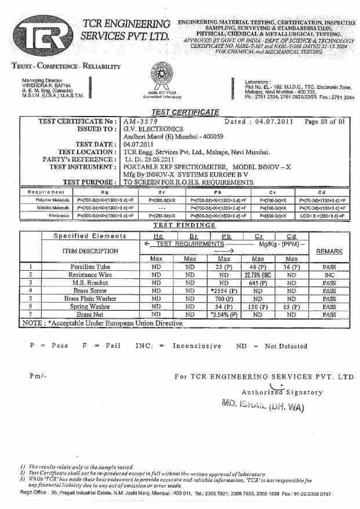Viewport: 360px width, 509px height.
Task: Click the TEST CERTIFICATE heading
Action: tap(185, 112)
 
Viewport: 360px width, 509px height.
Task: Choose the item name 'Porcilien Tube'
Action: tap(90, 267)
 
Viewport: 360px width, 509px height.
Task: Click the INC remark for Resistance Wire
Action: tap(329, 275)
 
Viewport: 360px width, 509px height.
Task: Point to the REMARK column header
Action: tap(329, 252)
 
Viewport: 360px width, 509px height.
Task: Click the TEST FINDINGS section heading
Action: tap(184, 225)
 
